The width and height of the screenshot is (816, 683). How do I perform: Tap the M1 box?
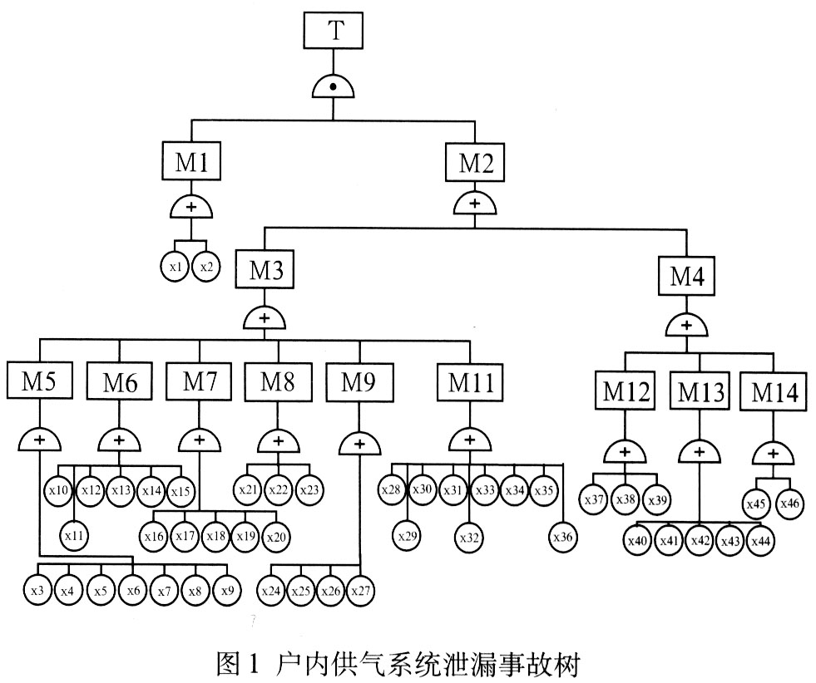[191, 162]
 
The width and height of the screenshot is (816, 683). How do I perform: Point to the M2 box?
[474, 162]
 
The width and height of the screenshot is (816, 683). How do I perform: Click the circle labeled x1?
[175, 267]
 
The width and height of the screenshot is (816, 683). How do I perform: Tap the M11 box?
[470, 383]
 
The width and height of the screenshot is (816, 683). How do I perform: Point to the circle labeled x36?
[563, 537]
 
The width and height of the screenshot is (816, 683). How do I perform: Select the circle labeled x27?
[359, 591]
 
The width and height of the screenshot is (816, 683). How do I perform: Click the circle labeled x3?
[37, 591]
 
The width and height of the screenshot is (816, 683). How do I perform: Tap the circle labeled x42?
[700, 541]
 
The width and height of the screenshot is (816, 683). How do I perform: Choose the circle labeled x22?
[278, 489]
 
